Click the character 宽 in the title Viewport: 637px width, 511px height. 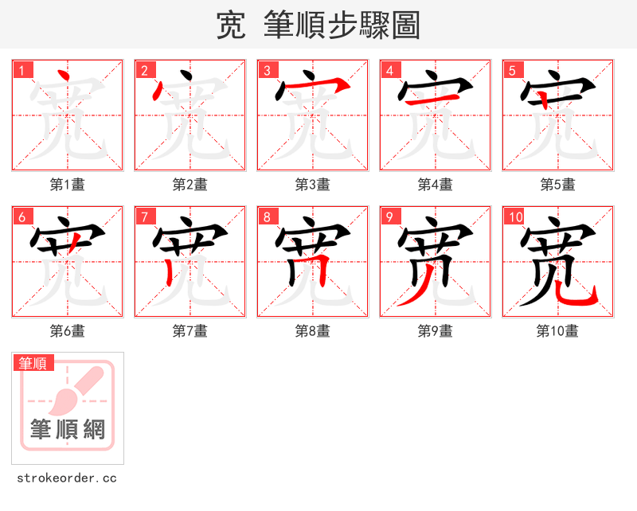(x=231, y=25)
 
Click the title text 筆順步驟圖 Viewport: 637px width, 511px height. (x=335, y=25)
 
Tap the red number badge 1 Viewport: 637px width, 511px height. (x=21, y=69)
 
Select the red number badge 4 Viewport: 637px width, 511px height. (x=389, y=69)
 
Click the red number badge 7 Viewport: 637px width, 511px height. (x=144, y=216)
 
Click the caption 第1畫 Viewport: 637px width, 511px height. (x=68, y=185)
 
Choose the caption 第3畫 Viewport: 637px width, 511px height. (x=313, y=185)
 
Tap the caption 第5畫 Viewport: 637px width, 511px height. (x=558, y=185)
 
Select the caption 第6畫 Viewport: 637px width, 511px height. (x=68, y=331)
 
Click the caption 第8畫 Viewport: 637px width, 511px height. (x=313, y=331)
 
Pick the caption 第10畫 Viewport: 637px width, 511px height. (x=558, y=331)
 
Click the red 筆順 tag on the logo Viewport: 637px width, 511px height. (x=33, y=364)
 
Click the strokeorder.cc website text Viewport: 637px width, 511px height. (x=68, y=478)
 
